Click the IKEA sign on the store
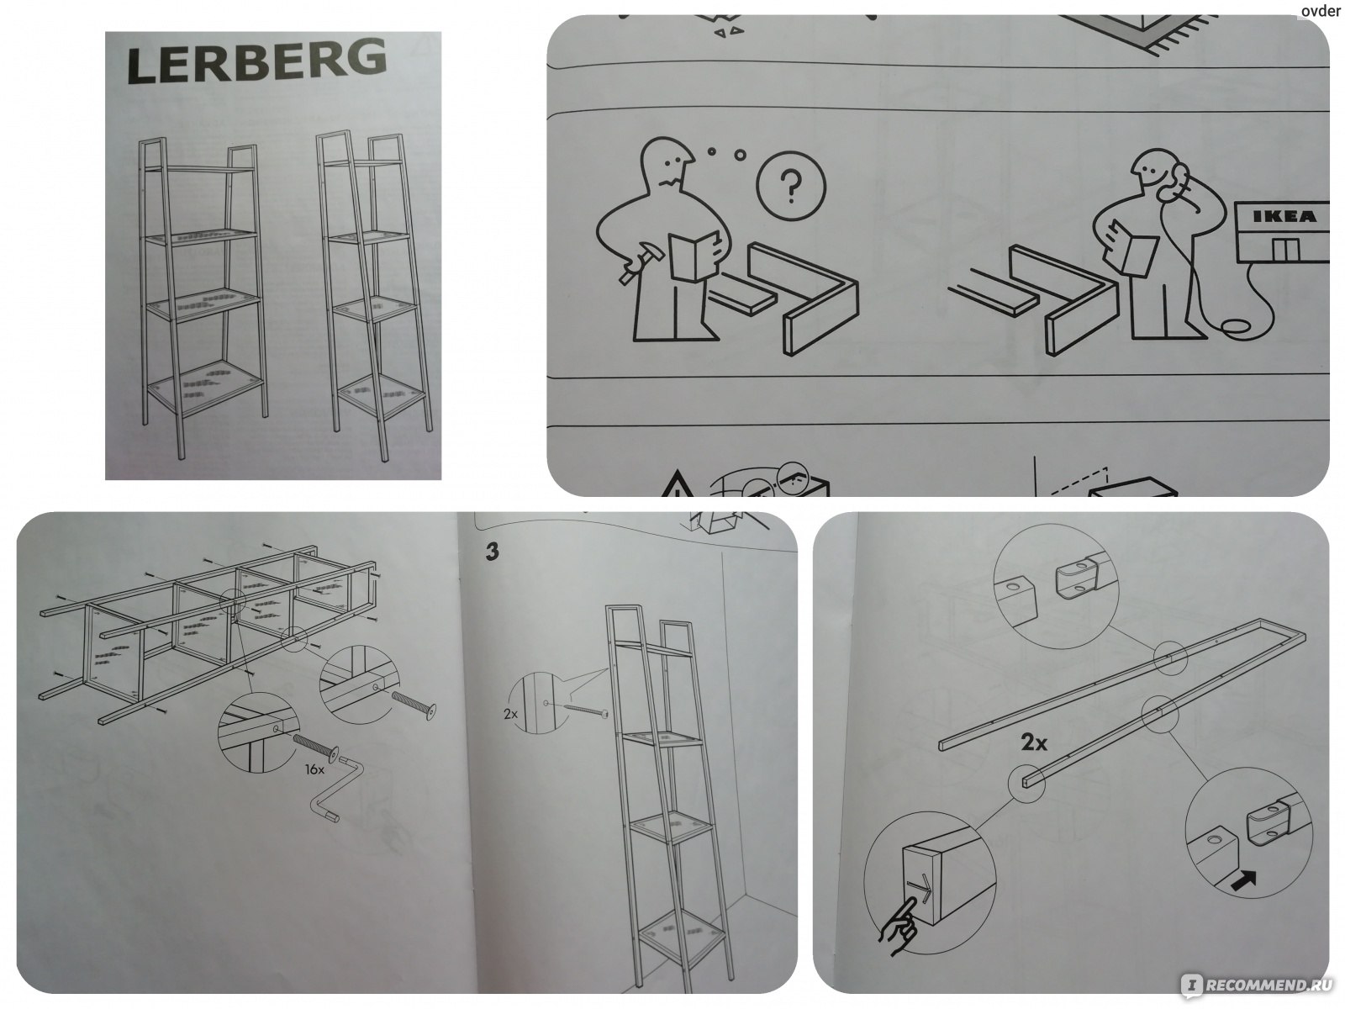point(1284,216)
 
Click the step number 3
point(492,552)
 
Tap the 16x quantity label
point(314,769)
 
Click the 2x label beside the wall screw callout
point(510,714)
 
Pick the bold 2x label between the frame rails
point(1034,742)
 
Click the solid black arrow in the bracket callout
point(1243,882)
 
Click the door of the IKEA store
point(1285,250)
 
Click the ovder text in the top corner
point(1321,11)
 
